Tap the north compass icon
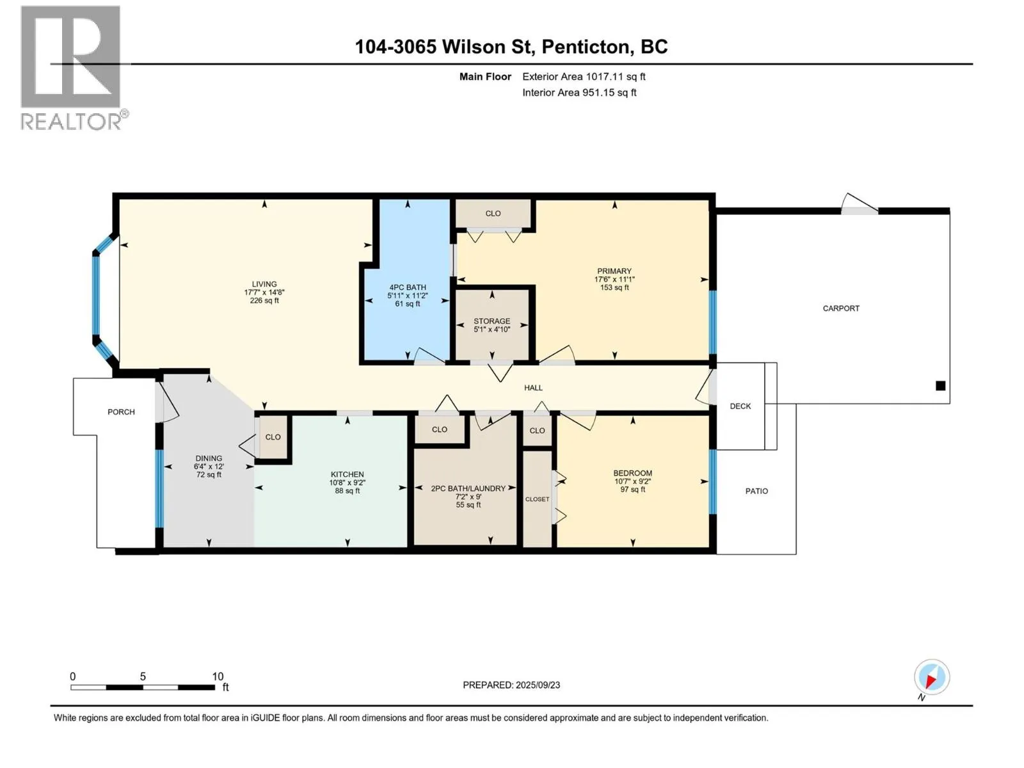[931, 677]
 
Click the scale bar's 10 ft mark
[218, 676]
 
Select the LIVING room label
[264, 284]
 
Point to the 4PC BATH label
[407, 288]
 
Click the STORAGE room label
[492, 321]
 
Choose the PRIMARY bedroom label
[614, 271]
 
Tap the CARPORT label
[841, 308]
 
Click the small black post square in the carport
[941, 386]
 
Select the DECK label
[740, 406]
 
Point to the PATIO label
[756, 491]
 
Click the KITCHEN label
[347, 475]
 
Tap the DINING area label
[209, 458]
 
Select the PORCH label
[121, 412]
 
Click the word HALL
[533, 388]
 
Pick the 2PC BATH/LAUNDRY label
[468, 489]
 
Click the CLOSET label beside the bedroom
[537, 499]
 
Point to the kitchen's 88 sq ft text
[347, 491]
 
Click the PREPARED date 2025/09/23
[538, 685]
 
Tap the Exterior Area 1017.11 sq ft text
[584, 77]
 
